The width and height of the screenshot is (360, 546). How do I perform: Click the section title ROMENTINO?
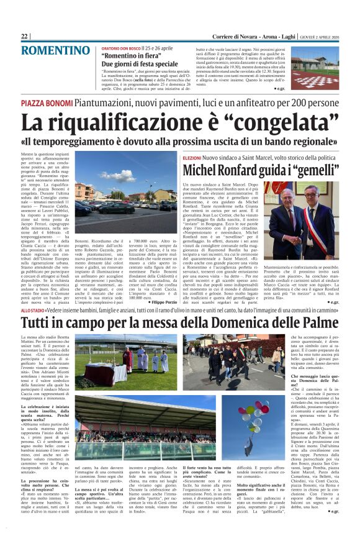[x=55, y=50]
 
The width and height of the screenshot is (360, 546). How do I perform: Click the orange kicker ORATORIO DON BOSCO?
[x=120, y=47]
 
